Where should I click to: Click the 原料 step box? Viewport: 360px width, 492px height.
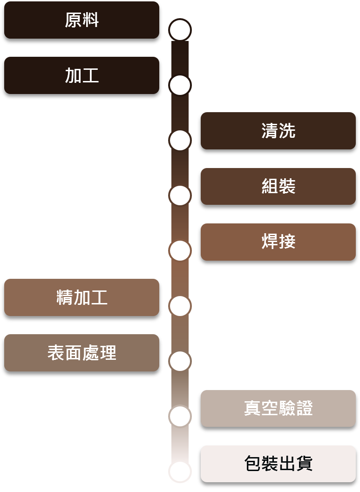tap(82, 20)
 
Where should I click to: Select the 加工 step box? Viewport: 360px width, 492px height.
tap(82, 75)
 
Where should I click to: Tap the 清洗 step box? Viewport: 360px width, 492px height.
tap(278, 131)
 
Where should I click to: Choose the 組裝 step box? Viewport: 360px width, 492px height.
tap(278, 186)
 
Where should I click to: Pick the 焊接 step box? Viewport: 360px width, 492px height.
tap(278, 242)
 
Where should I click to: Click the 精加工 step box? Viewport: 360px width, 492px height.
tap(82, 297)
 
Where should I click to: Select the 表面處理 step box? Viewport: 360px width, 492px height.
tap(82, 353)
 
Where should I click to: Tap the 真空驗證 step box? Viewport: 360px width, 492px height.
tap(278, 408)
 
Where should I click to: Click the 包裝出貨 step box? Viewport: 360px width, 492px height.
tap(278, 464)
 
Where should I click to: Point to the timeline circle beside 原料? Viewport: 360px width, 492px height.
tap(180, 30)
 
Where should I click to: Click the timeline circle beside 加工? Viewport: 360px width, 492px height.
tap(180, 85)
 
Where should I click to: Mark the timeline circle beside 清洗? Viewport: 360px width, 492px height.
tap(180, 140)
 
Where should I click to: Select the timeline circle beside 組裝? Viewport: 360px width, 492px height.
tap(180, 195)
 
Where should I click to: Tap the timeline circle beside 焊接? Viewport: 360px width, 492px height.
tap(180, 251)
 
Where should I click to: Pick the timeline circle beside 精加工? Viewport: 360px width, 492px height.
tap(180, 306)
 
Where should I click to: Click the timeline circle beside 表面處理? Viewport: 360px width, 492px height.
tap(180, 361)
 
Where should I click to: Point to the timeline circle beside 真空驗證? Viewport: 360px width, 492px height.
tap(180, 416)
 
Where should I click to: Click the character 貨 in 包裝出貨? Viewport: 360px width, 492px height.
tap(304, 464)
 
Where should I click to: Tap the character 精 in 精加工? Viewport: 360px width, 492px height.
tap(65, 297)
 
